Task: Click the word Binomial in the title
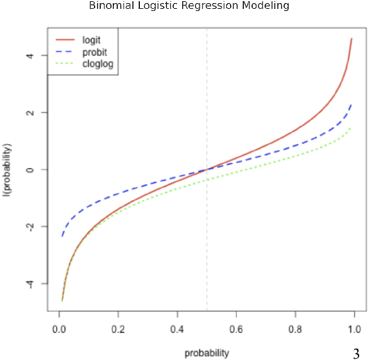pyautogui.click(x=111, y=6)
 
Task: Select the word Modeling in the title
pyautogui.click(x=249, y=6)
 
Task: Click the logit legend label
pyautogui.click(x=91, y=40)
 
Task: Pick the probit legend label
pyautogui.click(x=93, y=52)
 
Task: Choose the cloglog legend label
pyautogui.click(x=98, y=64)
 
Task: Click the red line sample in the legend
pyautogui.click(x=65, y=40)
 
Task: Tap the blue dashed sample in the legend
pyautogui.click(x=65, y=52)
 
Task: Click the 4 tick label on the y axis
pyautogui.click(x=37, y=55)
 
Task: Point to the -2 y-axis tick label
pyautogui.click(x=37, y=227)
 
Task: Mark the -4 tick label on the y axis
pyautogui.click(x=37, y=284)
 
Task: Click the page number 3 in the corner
pyautogui.click(x=356, y=351)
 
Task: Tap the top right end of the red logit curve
pyautogui.click(x=352, y=38)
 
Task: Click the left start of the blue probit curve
pyautogui.click(x=62, y=236)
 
